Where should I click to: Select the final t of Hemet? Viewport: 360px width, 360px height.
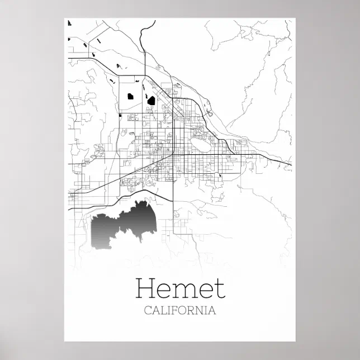tap(220, 289)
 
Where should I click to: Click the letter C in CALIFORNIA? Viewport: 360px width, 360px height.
tap(148, 311)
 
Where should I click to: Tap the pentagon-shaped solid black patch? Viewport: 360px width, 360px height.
tap(130, 96)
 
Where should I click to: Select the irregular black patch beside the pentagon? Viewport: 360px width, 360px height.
tap(150, 101)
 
